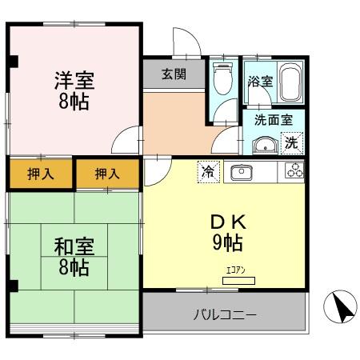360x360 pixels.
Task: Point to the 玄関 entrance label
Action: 174,75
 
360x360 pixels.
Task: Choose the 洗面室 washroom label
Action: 274,120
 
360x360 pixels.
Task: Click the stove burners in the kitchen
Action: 292,171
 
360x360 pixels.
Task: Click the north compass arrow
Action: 338,306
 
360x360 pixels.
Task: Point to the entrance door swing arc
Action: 184,42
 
